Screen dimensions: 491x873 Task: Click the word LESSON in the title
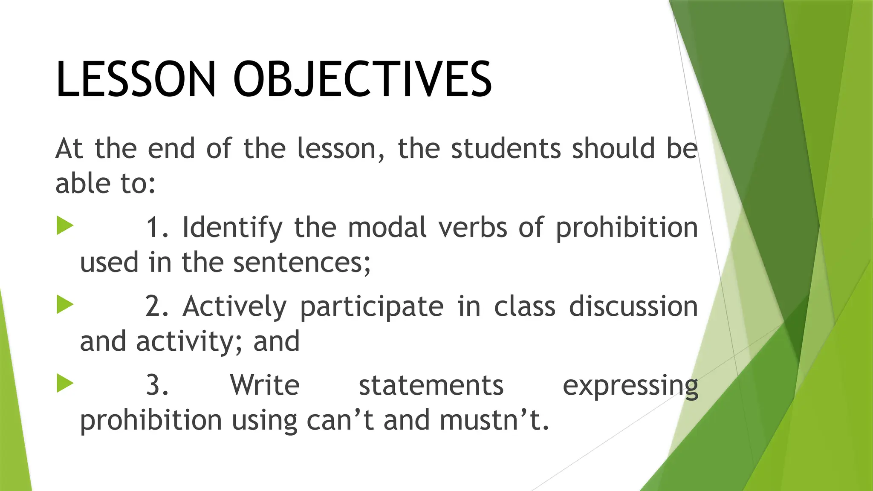[136, 80]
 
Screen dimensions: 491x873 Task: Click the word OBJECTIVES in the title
[362, 80]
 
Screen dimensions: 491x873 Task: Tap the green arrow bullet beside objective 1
[65, 225]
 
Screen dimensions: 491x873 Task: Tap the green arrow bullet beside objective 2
[65, 305]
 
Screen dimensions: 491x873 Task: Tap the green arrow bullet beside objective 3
[65, 383]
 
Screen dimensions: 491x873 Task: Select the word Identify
[232, 228]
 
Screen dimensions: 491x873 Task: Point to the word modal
[387, 228]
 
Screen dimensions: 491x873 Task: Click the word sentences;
[302, 263]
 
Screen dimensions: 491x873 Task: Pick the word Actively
[234, 307]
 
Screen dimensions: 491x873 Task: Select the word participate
[372, 307]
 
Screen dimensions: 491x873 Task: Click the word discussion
[633, 307]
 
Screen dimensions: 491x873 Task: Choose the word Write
[265, 385]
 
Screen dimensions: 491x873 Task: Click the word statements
[431, 385]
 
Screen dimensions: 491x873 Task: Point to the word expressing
[630, 386]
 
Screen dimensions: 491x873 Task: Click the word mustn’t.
[494, 420]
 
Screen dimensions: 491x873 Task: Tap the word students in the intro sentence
[506, 149]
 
